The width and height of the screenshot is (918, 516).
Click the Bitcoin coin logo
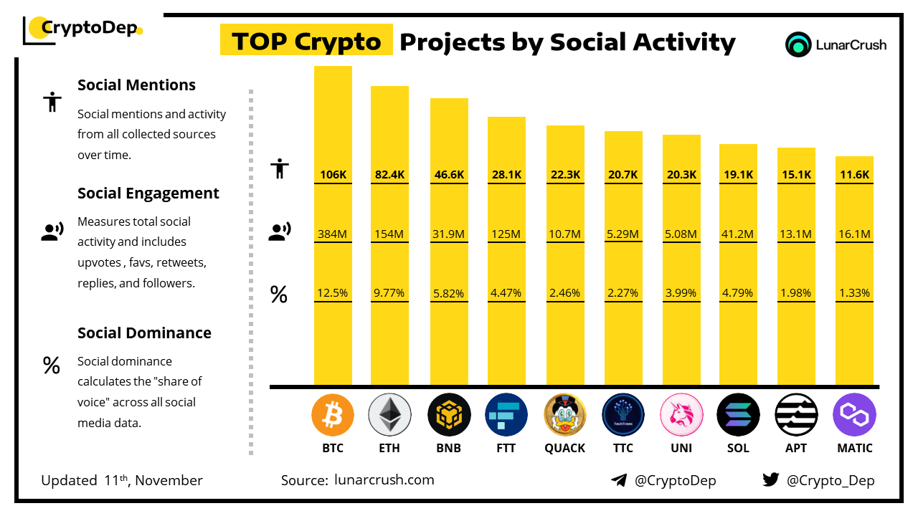(x=333, y=415)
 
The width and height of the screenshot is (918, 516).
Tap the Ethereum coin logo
(x=389, y=415)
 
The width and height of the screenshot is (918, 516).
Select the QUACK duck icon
(x=565, y=415)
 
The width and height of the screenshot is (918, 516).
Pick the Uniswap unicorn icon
(x=681, y=415)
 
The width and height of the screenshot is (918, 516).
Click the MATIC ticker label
(x=855, y=448)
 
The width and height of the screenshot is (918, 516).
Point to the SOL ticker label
(x=738, y=448)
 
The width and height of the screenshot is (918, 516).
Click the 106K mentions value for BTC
(x=333, y=174)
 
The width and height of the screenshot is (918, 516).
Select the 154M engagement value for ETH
(x=389, y=234)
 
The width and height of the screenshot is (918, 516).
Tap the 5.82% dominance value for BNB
(x=449, y=293)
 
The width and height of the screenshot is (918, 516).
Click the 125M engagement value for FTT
(x=506, y=234)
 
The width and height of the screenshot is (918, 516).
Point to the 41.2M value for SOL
(x=738, y=234)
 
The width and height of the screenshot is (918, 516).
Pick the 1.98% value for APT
(x=796, y=293)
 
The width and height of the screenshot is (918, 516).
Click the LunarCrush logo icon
(x=798, y=44)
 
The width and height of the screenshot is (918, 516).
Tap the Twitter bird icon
(x=770, y=479)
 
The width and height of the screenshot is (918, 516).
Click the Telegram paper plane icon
(x=619, y=480)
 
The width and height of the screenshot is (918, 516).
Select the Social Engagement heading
(x=148, y=193)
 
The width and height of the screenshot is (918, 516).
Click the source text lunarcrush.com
(x=384, y=480)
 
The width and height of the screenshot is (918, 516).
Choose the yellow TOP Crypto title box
(x=306, y=42)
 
